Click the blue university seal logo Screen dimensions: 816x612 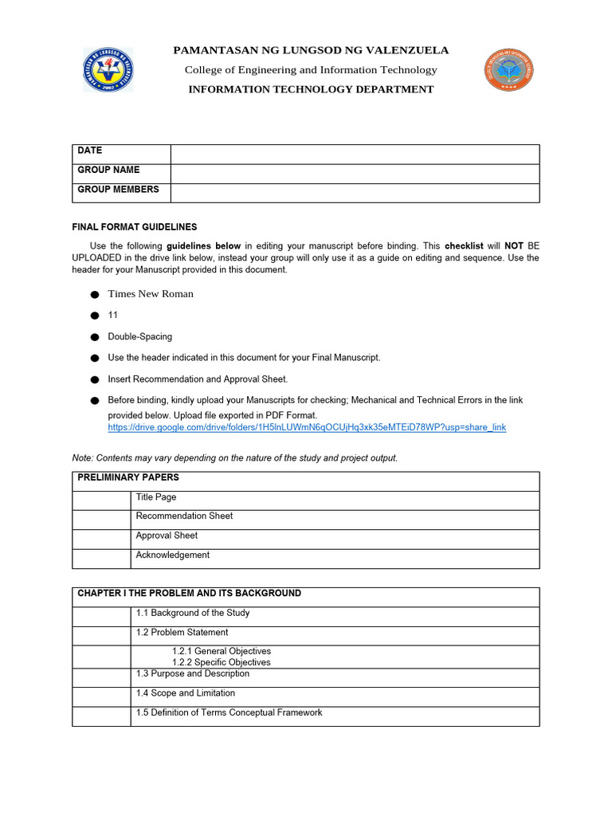108,69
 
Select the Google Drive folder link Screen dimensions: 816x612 307,427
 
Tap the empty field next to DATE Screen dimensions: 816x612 355,154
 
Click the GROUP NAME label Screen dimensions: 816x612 108,170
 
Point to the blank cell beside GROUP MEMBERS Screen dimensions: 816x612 355,193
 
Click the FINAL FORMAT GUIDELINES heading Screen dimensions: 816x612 135,227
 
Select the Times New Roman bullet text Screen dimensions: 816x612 151,293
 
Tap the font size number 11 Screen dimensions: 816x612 113,316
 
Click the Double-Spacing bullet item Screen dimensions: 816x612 140,337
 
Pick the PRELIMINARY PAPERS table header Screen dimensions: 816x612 128,478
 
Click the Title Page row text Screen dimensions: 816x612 156,497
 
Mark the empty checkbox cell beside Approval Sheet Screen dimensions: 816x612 101,539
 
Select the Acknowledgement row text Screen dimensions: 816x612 173,555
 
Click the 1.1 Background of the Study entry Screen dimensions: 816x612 193,613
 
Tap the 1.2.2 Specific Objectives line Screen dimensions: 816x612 221,662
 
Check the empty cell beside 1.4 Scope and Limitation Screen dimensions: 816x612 101,696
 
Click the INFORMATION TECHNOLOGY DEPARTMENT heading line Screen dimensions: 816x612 311,89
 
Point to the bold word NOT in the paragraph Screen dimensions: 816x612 513,246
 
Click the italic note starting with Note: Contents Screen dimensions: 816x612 235,458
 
